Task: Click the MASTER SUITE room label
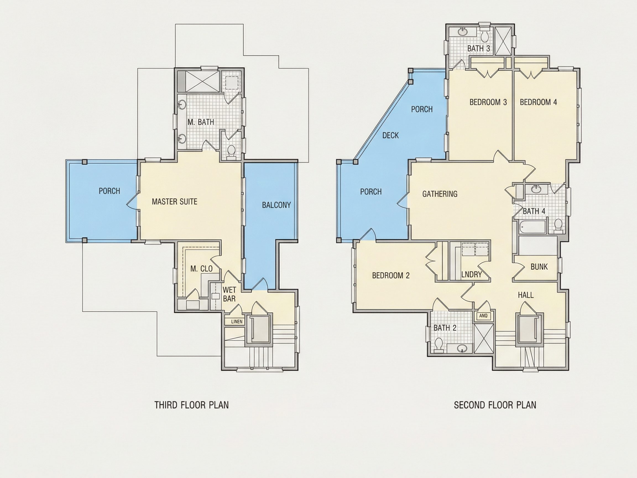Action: (x=174, y=201)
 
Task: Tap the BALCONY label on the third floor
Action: (x=276, y=205)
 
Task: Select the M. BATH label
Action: (x=201, y=122)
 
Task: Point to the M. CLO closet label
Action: (x=201, y=269)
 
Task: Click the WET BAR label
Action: (x=229, y=294)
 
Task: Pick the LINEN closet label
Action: (x=237, y=321)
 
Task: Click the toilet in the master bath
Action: (x=231, y=152)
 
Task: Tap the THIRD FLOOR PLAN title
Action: (x=192, y=405)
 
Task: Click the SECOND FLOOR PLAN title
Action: (x=495, y=405)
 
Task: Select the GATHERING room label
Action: (x=440, y=194)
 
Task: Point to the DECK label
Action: (x=390, y=135)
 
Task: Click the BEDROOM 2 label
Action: (x=390, y=276)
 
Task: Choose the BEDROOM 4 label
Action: (x=538, y=102)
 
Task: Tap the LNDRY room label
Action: (x=471, y=274)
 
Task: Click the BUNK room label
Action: (x=539, y=267)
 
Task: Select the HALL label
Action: (x=526, y=295)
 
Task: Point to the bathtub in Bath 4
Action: (x=533, y=227)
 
